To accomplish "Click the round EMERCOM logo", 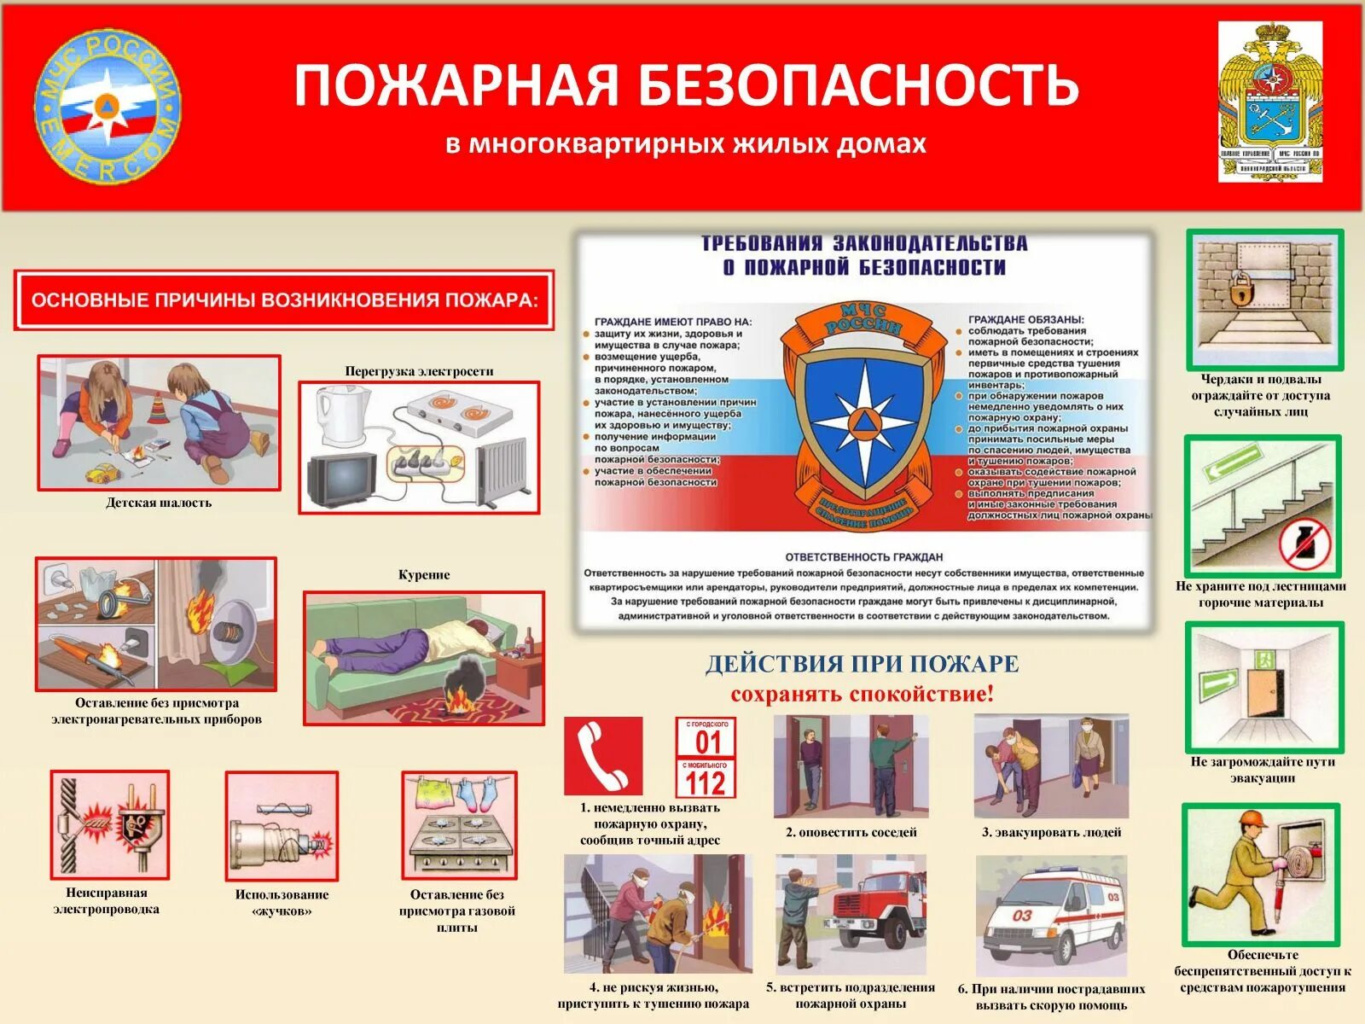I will click(107, 107).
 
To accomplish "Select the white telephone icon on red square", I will click(603, 756).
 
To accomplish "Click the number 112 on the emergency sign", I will click(706, 783).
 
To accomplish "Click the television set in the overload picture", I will click(341, 478).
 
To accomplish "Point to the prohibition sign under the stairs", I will click(1304, 545).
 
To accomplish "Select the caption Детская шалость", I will click(159, 503).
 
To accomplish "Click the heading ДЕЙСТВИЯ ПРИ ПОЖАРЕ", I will click(862, 664).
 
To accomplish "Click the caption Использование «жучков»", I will click(282, 902).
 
